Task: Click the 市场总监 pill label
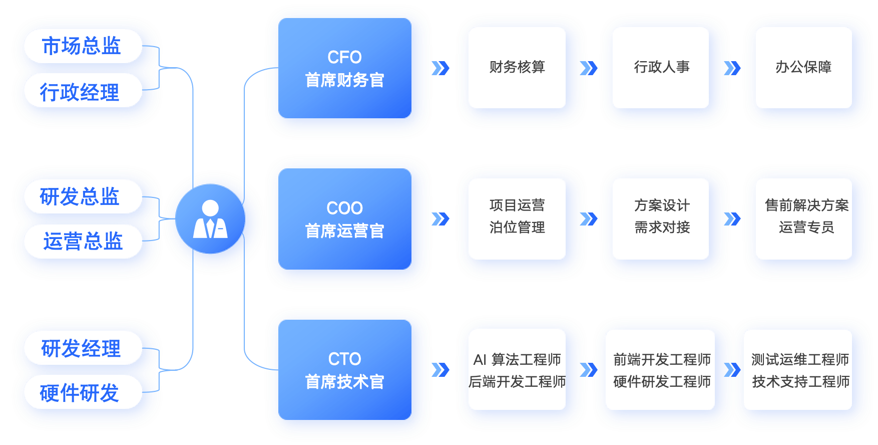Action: (82, 46)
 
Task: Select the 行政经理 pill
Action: (80, 92)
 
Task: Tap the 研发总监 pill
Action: (80, 196)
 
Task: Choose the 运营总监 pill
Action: (83, 242)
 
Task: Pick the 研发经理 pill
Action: (81, 348)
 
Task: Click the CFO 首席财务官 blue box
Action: (344, 68)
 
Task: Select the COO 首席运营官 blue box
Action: (344, 219)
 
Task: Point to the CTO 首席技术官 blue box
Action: (344, 370)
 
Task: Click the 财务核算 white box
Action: (517, 67)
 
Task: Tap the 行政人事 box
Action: (661, 67)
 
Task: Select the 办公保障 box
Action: (803, 67)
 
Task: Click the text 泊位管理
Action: (517, 228)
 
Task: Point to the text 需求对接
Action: (662, 228)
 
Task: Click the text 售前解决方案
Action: (806, 205)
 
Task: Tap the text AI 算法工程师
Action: (517, 359)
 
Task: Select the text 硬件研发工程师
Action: (662, 382)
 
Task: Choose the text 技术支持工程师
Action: (800, 382)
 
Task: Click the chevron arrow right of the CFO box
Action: (440, 68)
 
